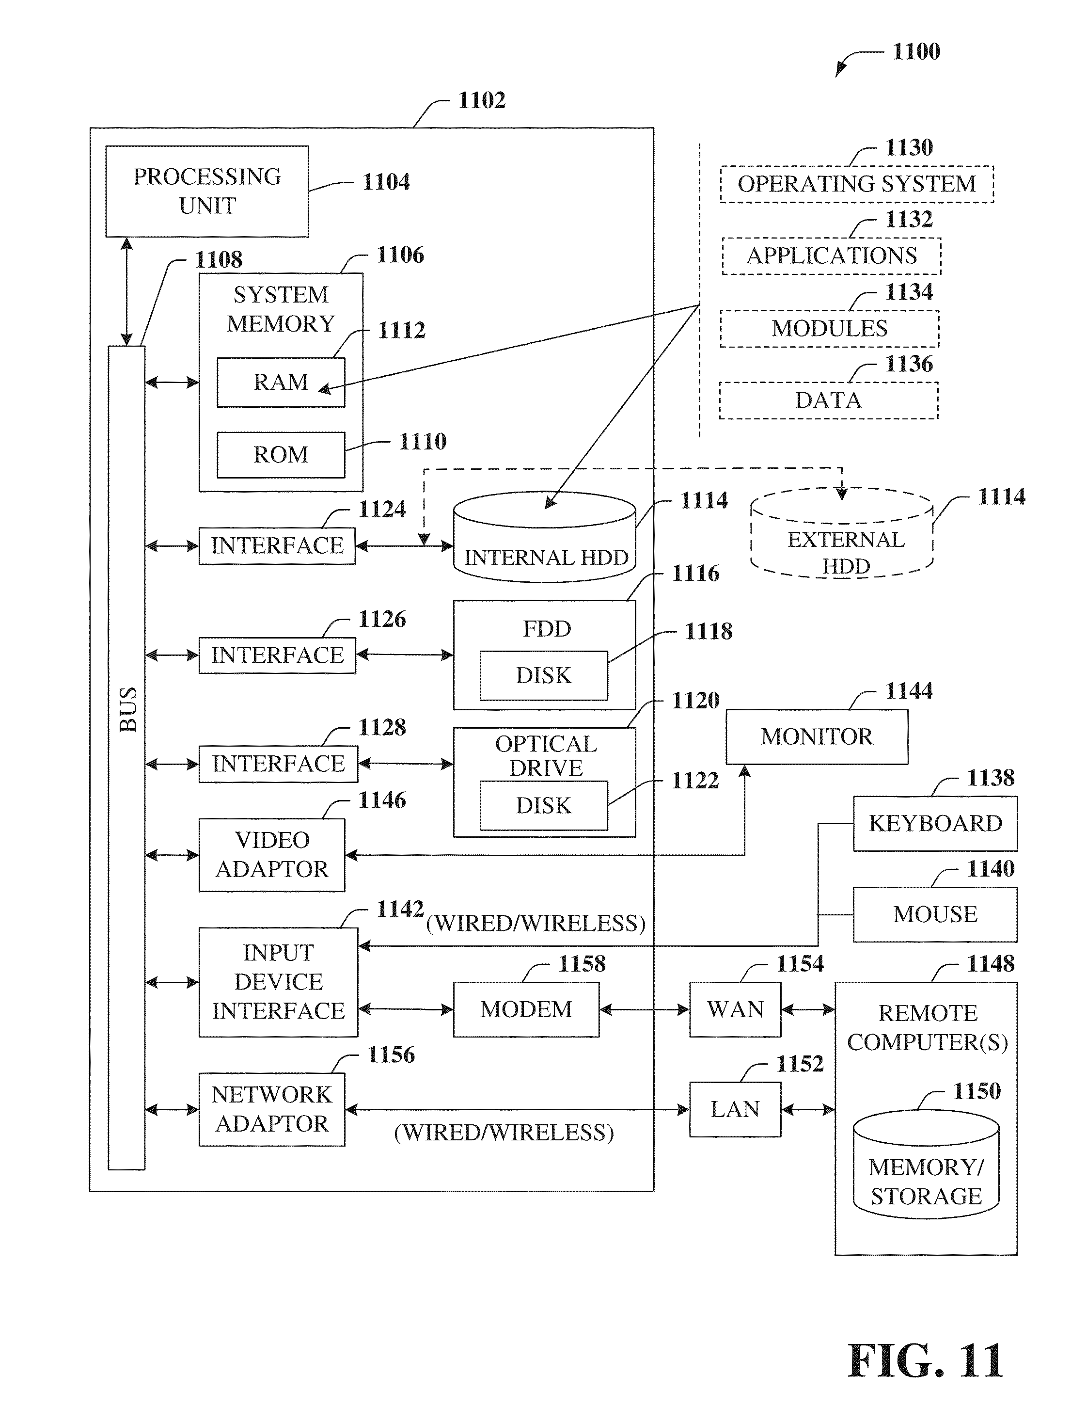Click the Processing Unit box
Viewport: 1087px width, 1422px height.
pyautogui.click(x=207, y=192)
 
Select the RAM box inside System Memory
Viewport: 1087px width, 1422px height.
pyautogui.click(x=281, y=383)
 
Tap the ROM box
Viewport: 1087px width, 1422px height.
pyautogui.click(x=281, y=455)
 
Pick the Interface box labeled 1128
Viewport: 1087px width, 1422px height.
pyautogui.click(x=278, y=765)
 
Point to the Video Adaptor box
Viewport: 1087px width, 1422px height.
pyautogui.click(x=272, y=855)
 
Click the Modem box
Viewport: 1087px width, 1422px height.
pyautogui.click(x=526, y=1010)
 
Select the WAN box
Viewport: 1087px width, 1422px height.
pyautogui.click(x=735, y=1010)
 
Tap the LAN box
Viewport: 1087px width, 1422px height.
pyautogui.click(x=735, y=1109)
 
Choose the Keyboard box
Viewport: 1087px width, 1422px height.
pyautogui.click(x=935, y=823)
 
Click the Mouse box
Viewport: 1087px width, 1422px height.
pyautogui.click(x=935, y=914)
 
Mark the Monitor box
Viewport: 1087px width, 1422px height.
pyautogui.click(x=817, y=736)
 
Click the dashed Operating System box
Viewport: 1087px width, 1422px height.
pyautogui.click(x=857, y=184)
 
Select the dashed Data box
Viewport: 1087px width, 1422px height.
pyautogui.click(x=829, y=400)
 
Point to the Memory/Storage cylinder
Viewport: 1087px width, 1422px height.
pyautogui.click(x=926, y=1165)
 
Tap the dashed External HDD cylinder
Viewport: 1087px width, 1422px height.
pyautogui.click(x=842, y=532)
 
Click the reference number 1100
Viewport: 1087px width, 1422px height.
pyautogui.click(x=916, y=52)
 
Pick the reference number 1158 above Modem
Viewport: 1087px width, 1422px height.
pyautogui.click(x=583, y=964)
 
